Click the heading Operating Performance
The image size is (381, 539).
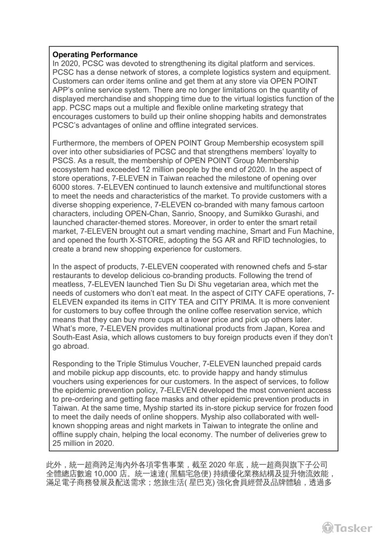95,55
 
